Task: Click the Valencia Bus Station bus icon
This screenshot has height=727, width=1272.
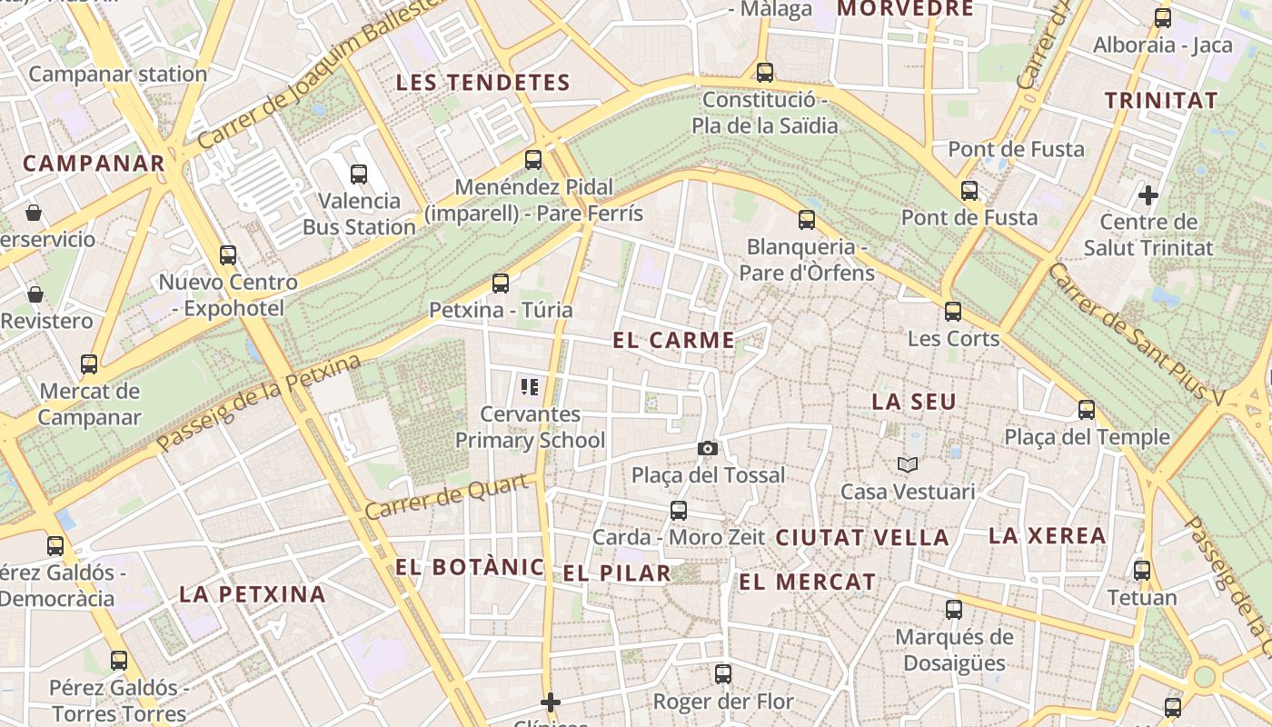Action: [359, 174]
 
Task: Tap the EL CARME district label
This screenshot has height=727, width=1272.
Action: [673, 341]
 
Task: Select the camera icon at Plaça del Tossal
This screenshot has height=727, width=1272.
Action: [707, 448]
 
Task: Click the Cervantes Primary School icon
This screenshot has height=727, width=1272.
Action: [530, 388]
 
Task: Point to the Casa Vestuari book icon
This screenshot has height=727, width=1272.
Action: [907, 464]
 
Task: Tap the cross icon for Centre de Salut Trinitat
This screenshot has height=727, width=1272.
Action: [1148, 194]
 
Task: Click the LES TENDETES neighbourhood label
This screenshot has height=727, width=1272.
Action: [482, 83]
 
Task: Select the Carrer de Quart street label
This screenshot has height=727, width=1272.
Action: [446, 497]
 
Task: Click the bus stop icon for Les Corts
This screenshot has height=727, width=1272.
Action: [953, 312]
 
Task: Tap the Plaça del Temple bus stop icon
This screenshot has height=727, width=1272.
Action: [1087, 410]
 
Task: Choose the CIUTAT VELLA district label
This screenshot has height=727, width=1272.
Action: [861, 537]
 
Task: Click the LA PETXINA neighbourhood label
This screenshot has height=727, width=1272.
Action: [252, 594]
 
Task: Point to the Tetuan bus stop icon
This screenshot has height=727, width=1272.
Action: [1142, 571]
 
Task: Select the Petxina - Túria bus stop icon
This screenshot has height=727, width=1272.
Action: [501, 283]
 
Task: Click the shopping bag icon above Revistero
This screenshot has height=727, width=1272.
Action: [35, 294]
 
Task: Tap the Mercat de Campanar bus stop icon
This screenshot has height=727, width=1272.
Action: [89, 364]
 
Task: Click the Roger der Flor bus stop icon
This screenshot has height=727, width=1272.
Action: [723, 674]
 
